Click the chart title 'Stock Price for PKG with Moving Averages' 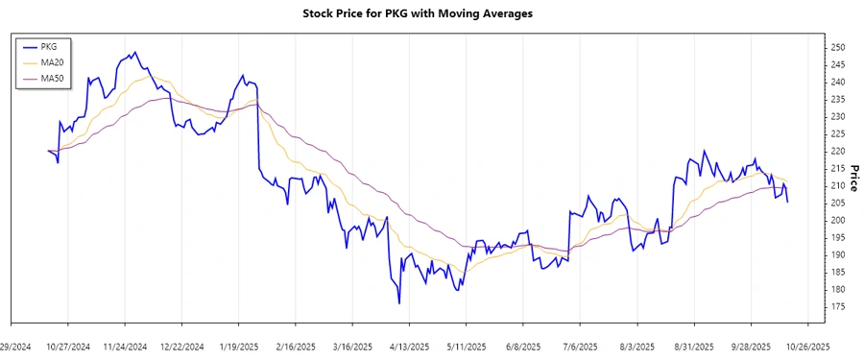click(x=431, y=14)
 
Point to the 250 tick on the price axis click(x=837, y=48)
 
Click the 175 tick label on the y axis click(x=837, y=307)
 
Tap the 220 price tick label click(x=837, y=152)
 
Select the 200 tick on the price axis click(x=837, y=221)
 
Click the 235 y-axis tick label click(x=837, y=100)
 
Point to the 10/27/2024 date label click(x=69, y=347)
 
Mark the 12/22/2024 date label click(x=182, y=347)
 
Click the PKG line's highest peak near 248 click(x=134, y=52)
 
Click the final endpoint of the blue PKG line click(x=788, y=202)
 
